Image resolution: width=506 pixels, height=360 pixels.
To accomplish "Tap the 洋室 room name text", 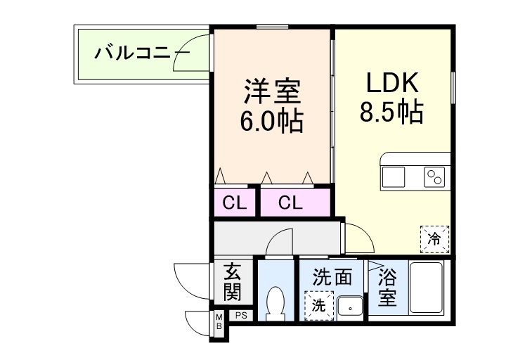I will coord(273,91).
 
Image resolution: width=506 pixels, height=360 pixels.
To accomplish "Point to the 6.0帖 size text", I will coord(273,121).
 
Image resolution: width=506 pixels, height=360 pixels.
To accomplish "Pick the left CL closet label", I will coord(235,203).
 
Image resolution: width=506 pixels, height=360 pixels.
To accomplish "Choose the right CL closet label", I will coord(290,203).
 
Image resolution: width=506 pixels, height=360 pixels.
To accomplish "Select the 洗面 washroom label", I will coord(332,276).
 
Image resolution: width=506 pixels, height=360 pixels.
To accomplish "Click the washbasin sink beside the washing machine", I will coord(349,307).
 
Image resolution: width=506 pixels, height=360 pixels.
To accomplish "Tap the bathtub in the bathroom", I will coord(425,290).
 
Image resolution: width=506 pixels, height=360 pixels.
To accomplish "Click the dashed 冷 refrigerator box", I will coord(434,238).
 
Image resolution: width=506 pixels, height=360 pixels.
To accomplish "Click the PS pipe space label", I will coord(240,315).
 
